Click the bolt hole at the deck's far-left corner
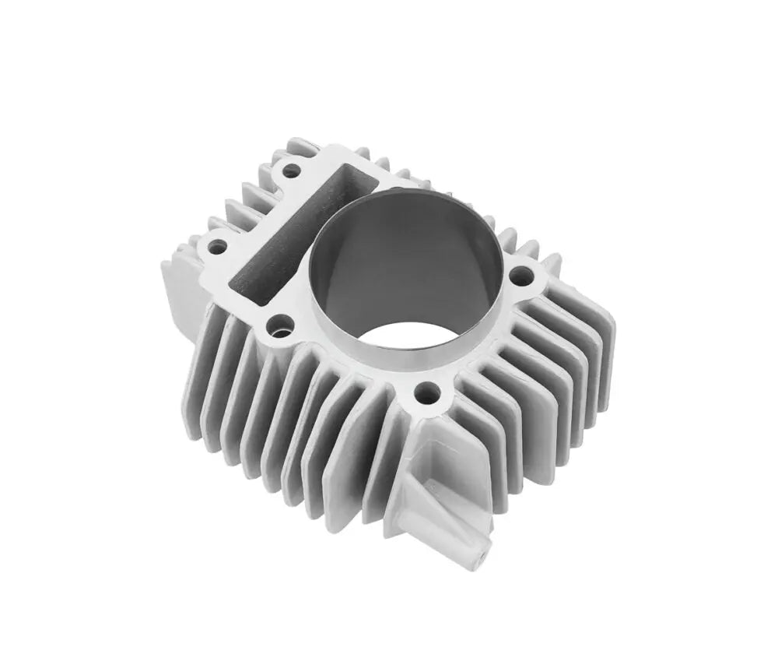[219, 247]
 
